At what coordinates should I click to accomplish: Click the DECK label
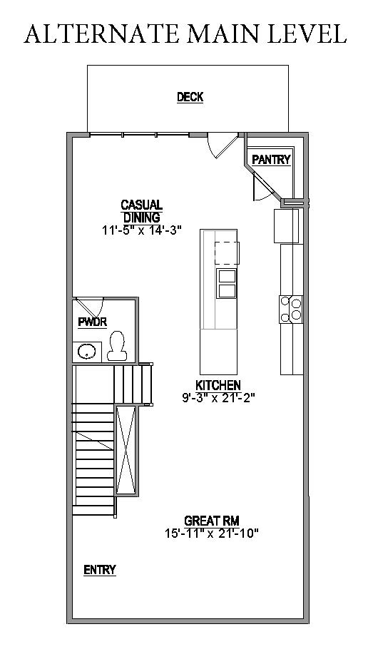[x=190, y=98]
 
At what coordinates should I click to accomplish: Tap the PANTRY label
[x=271, y=160]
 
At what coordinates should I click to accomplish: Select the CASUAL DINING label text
[x=141, y=211]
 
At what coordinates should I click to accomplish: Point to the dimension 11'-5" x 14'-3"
[x=141, y=230]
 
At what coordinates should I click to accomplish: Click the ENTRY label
[x=100, y=570]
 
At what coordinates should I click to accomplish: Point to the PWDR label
[x=92, y=322]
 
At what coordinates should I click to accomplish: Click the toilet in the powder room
[x=118, y=346]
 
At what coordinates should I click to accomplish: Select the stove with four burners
[x=292, y=309]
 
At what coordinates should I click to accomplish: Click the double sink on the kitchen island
[x=226, y=283]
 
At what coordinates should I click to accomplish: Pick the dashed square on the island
[x=226, y=253]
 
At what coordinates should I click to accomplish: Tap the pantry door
[x=261, y=187]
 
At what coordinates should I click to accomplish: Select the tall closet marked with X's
[x=127, y=449]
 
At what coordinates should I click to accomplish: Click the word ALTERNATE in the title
[x=95, y=34]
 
